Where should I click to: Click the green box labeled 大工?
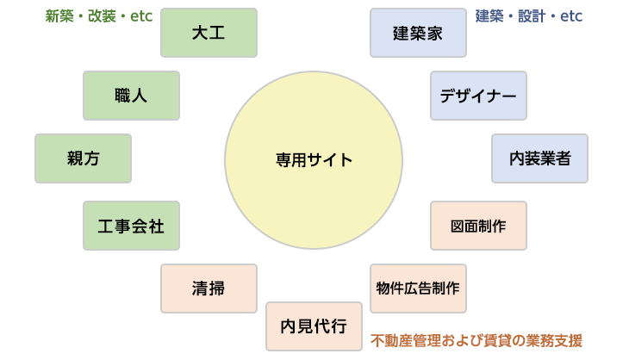point(209,33)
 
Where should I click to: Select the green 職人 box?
point(131,95)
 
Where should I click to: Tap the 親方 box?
point(83,158)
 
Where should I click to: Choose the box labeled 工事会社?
point(131,226)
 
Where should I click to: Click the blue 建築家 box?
point(418,33)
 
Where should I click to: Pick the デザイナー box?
point(478,95)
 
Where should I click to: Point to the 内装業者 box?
point(539,158)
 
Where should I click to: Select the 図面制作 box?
point(478,226)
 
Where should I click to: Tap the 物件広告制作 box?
point(418,288)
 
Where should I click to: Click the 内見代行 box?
point(314,326)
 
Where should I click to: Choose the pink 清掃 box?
point(209,288)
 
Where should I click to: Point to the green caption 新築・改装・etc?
point(98,16)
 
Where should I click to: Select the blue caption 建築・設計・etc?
point(529,16)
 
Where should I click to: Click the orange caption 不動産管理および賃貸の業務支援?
point(476,340)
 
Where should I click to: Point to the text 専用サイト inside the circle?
point(314,159)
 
